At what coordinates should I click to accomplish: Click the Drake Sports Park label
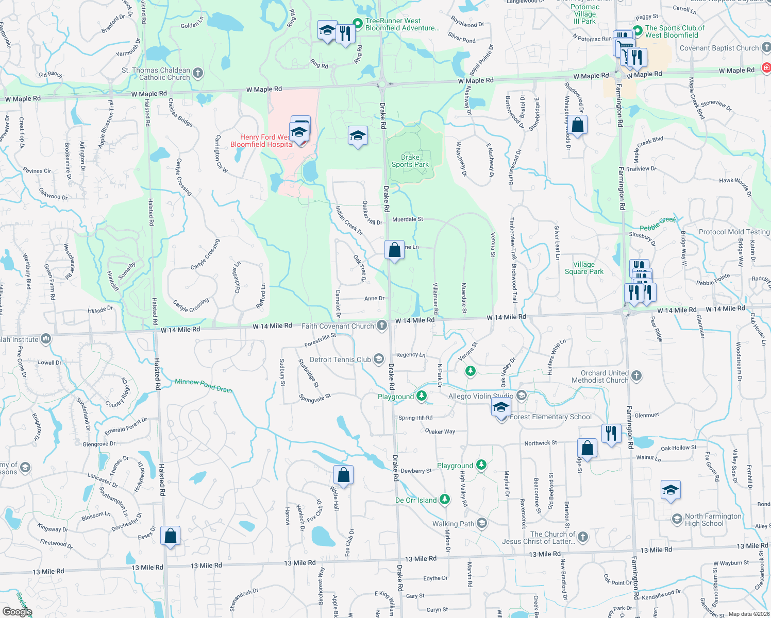point(410,161)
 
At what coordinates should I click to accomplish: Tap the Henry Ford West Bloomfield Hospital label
point(262,141)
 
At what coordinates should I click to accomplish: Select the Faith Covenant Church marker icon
point(381,325)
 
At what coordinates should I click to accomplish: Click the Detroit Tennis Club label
point(340,359)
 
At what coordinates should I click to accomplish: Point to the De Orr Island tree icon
point(445,499)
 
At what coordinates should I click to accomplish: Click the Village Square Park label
point(584,268)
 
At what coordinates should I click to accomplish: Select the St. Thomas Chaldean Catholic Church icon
point(198,73)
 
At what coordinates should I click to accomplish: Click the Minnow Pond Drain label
point(203,385)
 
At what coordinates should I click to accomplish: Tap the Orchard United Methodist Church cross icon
point(636,375)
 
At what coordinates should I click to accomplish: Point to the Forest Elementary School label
point(550,417)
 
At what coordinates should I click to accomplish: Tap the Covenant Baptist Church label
point(719,48)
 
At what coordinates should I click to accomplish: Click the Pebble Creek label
point(657,224)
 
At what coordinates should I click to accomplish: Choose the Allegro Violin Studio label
point(480,396)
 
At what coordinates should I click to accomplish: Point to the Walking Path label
point(453,524)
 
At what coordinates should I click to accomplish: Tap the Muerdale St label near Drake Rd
point(407,219)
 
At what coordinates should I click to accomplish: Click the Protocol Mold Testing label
point(734,232)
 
